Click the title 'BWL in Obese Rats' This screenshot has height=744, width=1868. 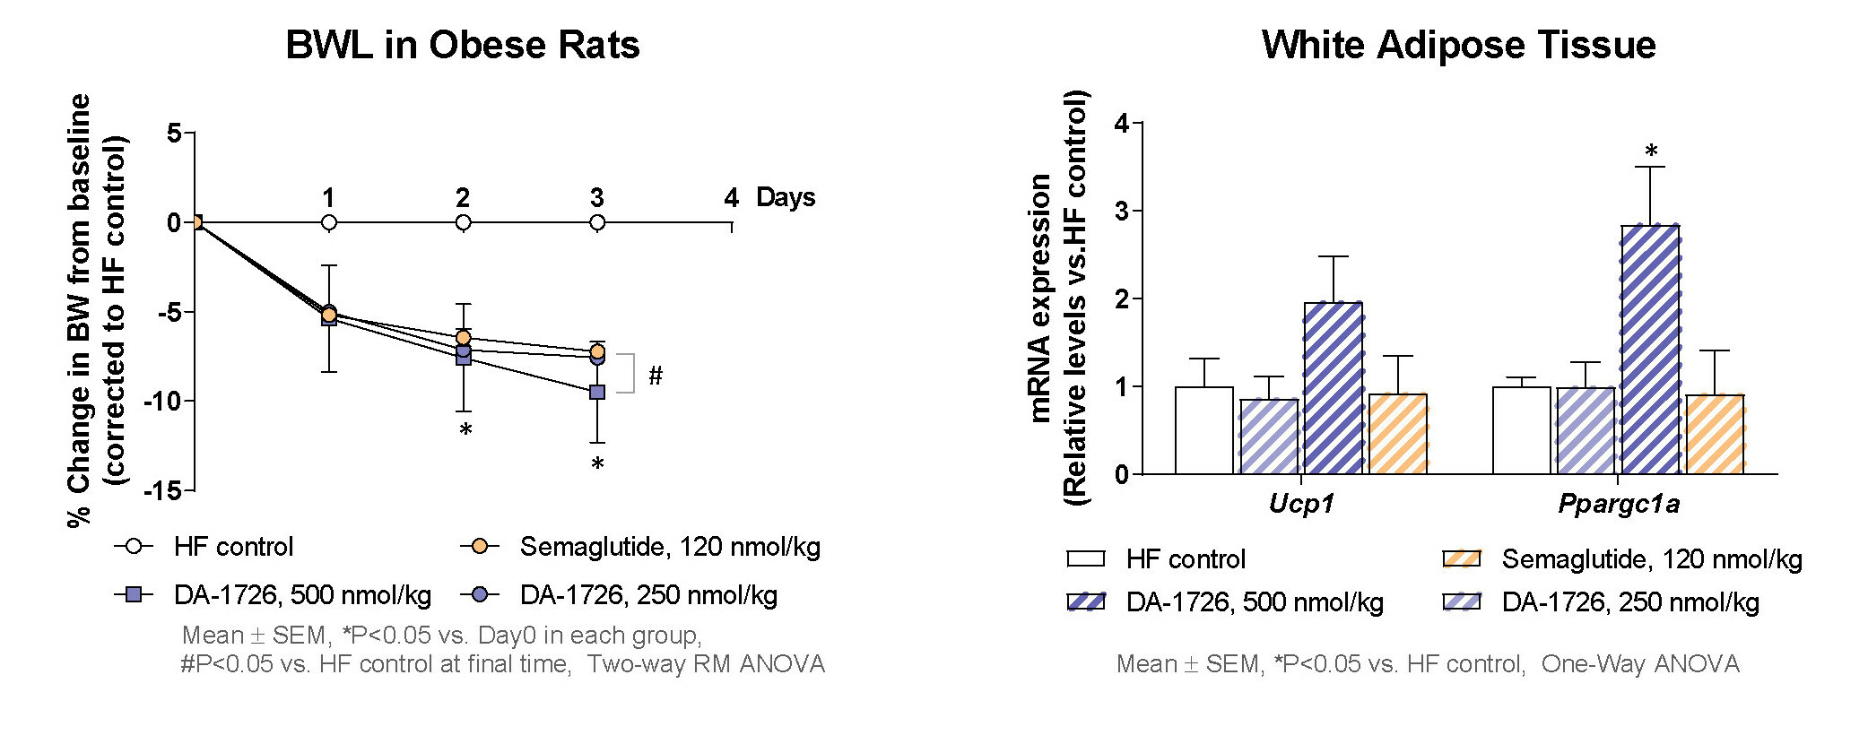tap(462, 45)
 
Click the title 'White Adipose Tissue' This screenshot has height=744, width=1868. tap(1458, 45)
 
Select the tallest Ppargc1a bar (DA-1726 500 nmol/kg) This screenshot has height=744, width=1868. tap(1650, 350)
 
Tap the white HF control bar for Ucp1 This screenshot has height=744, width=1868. tap(1203, 430)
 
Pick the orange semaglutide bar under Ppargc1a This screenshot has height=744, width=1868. tap(1715, 434)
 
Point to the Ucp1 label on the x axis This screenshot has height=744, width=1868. tap(1301, 504)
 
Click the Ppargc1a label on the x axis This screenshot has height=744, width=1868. tap(1619, 504)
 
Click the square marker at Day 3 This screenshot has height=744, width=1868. tap(597, 392)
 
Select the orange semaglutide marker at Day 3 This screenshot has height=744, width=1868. tap(597, 351)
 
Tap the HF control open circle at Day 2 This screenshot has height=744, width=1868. tap(463, 222)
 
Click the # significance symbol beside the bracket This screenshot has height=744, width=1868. tap(656, 376)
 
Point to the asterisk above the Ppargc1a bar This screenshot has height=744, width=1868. tap(1651, 151)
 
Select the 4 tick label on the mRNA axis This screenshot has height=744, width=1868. tap(1121, 123)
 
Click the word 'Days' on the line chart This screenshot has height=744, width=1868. tap(786, 197)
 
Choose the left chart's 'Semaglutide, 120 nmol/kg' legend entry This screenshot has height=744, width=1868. tap(669, 547)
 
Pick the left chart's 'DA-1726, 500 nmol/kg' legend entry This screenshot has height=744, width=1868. tap(302, 595)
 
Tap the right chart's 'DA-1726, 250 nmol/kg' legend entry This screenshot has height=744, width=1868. tap(1629, 602)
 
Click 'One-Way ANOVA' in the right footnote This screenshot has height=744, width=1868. tap(1640, 664)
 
